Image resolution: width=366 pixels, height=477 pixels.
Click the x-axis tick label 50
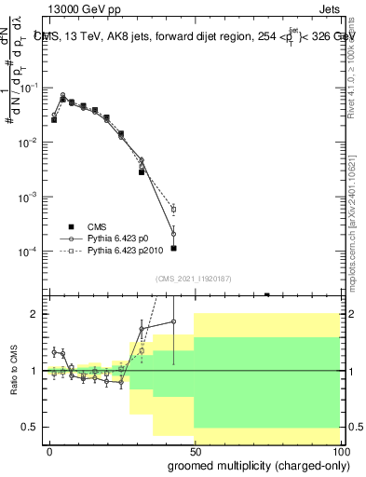[195, 449]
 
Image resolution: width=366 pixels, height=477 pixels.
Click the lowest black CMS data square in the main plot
[174, 249]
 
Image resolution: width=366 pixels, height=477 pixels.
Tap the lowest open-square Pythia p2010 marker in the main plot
[174, 210]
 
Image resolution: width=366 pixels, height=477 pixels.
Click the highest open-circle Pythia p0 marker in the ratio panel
[174, 322]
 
